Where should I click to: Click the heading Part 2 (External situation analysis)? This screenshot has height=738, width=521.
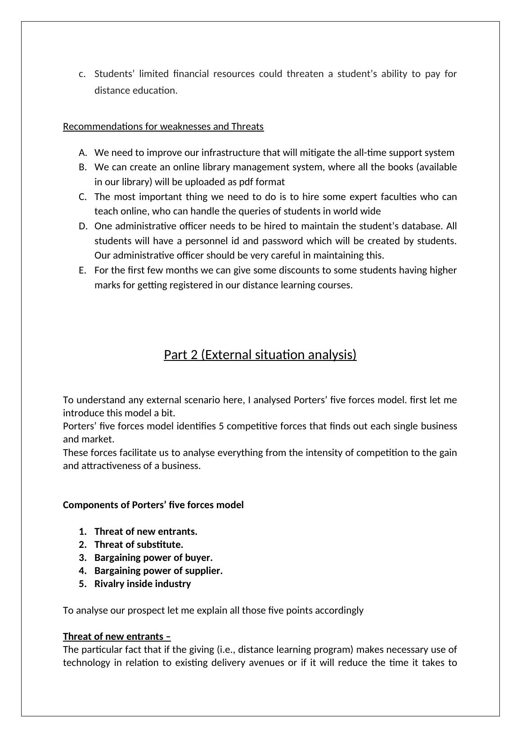point(260,355)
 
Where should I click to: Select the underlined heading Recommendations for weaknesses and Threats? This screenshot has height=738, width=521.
point(163,127)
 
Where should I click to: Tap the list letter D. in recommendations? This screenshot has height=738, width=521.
point(82,226)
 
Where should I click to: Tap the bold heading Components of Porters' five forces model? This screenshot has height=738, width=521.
point(153,505)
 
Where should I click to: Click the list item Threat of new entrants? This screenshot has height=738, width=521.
point(146,532)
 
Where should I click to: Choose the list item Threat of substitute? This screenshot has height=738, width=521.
point(139,545)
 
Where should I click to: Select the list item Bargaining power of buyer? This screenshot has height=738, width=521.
point(153,558)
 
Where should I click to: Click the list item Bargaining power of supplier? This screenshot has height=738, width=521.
point(158,571)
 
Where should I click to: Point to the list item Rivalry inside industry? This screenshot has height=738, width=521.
point(143,584)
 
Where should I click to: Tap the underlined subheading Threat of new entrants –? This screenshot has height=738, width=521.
point(117,637)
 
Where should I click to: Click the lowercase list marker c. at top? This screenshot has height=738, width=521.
point(82,74)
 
